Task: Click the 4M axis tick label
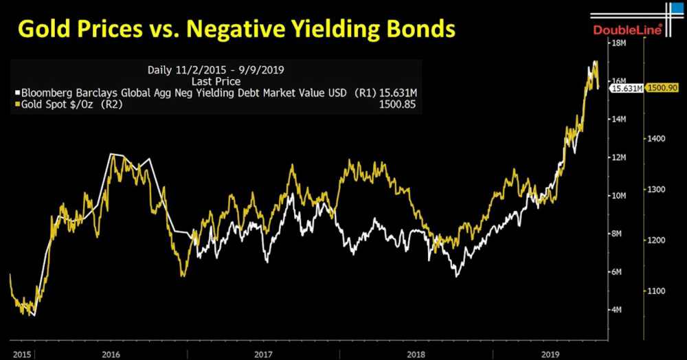[x=617, y=310]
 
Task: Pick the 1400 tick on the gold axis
[x=655, y=139]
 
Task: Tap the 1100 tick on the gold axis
[x=655, y=291]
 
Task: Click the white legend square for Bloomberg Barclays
[x=17, y=92]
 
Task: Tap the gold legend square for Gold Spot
[x=17, y=104]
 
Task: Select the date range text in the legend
[x=216, y=69]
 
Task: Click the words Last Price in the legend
[x=216, y=81]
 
